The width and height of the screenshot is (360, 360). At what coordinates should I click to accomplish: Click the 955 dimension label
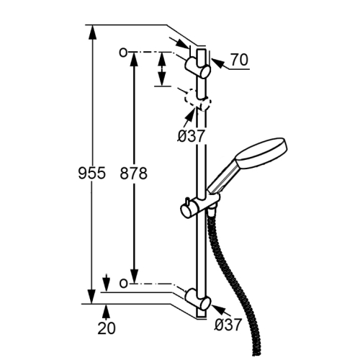pos(92,173)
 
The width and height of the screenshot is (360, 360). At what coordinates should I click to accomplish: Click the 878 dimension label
pos(133,174)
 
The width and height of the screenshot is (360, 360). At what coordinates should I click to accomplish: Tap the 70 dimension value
pos(240,60)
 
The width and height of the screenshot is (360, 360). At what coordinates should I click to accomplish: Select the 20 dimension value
pos(107,328)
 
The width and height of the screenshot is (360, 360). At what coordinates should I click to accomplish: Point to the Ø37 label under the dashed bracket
pos(191,136)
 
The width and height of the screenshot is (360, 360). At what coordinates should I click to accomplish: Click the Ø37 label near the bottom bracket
pos(228,325)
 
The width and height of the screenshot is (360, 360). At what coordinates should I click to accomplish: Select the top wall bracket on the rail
pos(197,67)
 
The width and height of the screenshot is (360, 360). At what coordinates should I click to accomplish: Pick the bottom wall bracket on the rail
pos(198,299)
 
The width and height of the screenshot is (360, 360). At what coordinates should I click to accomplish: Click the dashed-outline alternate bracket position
pos(197,100)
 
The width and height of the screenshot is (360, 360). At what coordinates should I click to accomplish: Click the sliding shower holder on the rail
pos(199,206)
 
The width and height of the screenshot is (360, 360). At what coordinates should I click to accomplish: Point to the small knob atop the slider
pos(186,202)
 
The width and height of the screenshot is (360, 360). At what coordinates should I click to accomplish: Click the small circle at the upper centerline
pos(123,52)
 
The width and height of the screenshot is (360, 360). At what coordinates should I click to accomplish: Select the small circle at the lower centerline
pos(123,284)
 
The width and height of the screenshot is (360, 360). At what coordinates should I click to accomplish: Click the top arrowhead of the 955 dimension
pos(92,32)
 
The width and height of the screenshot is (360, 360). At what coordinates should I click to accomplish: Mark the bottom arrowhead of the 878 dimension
pos(135,276)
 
